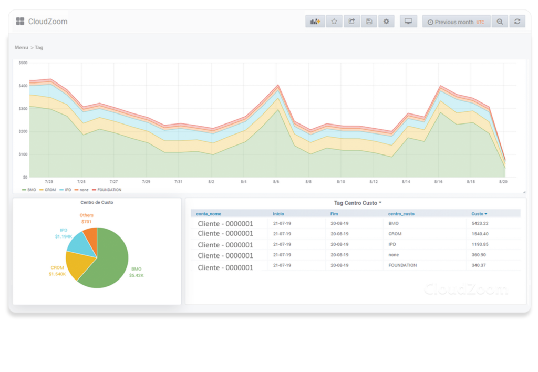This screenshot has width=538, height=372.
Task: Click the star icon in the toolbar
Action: point(334,22)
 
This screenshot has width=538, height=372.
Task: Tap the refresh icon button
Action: point(517,22)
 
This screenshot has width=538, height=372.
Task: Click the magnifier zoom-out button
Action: point(500,22)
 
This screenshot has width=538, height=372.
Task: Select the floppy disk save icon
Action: point(369,22)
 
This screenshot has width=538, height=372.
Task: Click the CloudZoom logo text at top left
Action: point(47,22)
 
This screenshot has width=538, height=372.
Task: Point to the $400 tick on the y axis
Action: point(23,86)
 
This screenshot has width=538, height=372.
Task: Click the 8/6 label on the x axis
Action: point(276,182)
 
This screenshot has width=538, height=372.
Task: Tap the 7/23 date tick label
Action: point(49,182)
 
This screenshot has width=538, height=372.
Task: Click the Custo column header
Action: point(479,214)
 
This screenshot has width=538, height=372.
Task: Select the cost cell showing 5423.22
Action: point(480,223)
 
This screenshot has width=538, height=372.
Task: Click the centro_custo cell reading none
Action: point(394,255)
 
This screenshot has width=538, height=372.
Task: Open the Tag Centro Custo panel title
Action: point(357,203)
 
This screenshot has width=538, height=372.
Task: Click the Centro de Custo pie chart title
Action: point(97,202)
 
